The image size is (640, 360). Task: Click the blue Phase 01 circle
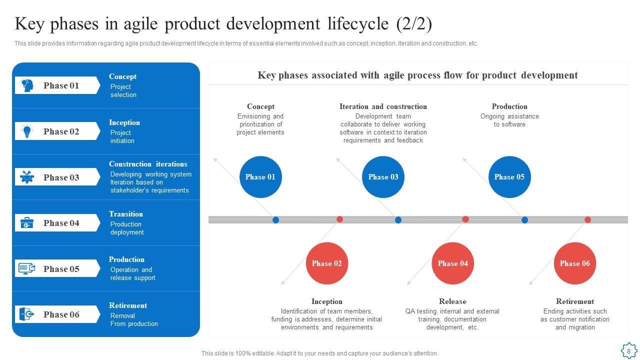(x=260, y=177)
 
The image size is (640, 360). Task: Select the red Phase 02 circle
(x=327, y=263)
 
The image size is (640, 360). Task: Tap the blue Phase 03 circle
(x=383, y=177)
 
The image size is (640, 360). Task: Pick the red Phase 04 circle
(x=452, y=263)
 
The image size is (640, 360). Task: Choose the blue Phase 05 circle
(x=509, y=177)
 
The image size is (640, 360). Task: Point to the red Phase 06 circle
(x=574, y=263)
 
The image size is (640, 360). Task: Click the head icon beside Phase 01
(x=27, y=85)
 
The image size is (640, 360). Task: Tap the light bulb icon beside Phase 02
(x=27, y=131)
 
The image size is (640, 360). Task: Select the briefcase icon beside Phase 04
(x=27, y=223)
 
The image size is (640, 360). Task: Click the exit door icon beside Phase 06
(x=27, y=314)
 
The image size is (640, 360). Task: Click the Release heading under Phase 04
(x=452, y=301)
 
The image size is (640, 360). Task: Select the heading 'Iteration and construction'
(x=383, y=106)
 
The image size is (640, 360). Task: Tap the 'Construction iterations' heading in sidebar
(x=148, y=164)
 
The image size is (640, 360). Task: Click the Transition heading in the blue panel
(x=126, y=214)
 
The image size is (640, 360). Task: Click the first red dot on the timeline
(x=339, y=219)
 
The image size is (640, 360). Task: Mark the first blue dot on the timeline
(x=275, y=220)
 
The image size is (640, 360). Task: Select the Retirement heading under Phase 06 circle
(x=575, y=301)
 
